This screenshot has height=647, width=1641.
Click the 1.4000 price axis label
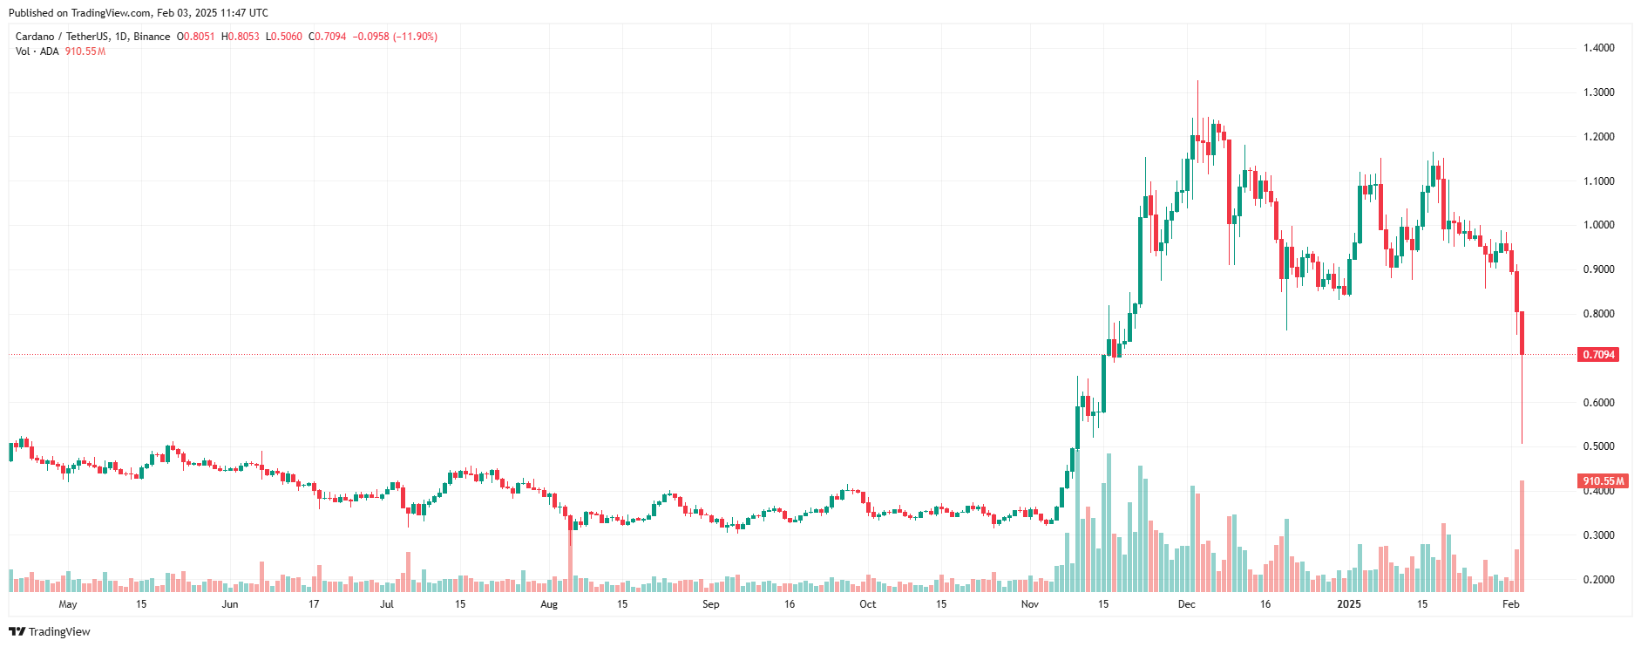click(1598, 48)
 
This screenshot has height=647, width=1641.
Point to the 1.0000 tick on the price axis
click(1598, 225)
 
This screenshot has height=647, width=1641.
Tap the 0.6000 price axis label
click(1598, 403)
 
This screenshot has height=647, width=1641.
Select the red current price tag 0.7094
click(1598, 355)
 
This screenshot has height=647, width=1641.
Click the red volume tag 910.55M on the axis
click(1603, 481)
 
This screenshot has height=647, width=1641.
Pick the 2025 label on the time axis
click(1348, 604)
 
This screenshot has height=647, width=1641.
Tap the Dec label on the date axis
click(1186, 604)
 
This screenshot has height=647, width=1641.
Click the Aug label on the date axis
click(548, 604)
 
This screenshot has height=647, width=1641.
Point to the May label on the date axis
click(67, 604)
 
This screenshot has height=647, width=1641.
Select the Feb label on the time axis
click(1510, 604)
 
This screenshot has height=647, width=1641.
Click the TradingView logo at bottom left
click(50, 631)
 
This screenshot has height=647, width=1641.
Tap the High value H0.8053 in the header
click(241, 37)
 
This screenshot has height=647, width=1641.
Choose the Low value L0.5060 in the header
click(284, 37)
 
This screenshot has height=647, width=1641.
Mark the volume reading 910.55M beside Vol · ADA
click(85, 51)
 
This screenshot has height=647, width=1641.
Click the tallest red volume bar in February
click(1522, 536)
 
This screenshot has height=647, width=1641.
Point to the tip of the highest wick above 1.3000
click(1197, 81)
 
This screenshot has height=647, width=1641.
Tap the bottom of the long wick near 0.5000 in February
click(1522, 444)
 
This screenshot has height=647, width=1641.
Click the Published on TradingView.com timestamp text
click(139, 13)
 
